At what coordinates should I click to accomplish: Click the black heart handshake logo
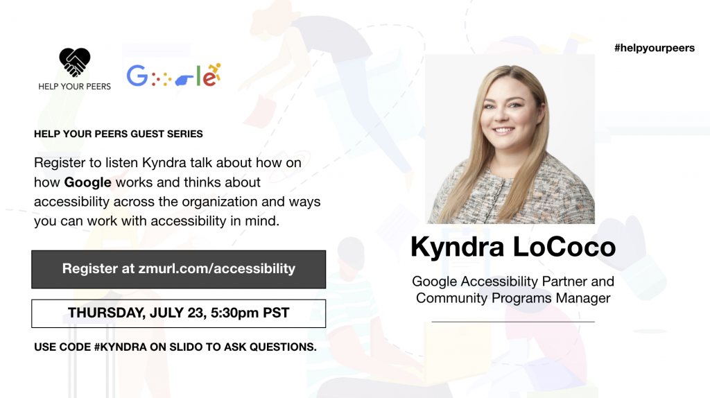(x=75, y=62)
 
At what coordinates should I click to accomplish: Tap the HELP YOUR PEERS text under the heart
(x=75, y=87)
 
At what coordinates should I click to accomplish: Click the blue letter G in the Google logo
(x=137, y=75)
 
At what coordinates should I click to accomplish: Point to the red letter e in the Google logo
(x=209, y=78)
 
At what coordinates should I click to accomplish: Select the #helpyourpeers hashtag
(x=655, y=48)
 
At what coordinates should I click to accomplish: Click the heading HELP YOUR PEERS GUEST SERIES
(x=118, y=134)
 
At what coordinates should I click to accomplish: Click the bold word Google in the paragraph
(x=87, y=182)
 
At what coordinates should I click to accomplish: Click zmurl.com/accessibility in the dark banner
(x=217, y=268)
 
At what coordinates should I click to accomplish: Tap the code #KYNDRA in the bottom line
(x=121, y=347)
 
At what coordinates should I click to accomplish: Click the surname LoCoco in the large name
(x=564, y=247)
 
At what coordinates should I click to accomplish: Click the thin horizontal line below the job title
(x=513, y=322)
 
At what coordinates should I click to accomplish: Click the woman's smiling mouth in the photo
(x=503, y=130)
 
